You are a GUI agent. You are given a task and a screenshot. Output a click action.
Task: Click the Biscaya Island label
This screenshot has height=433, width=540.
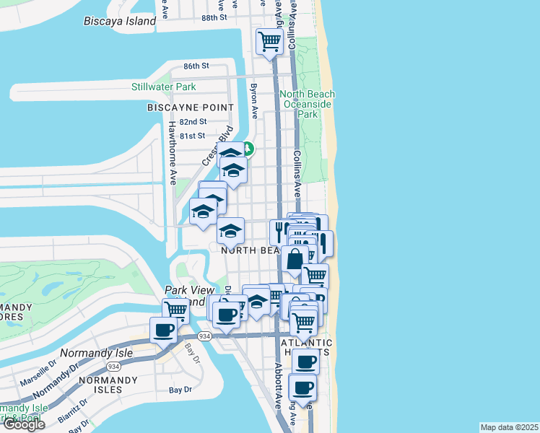click(x=119, y=21)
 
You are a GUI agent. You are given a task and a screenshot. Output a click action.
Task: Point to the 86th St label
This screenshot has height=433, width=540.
click(x=196, y=66)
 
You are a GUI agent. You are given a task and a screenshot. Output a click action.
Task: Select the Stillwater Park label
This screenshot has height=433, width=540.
click(x=163, y=87)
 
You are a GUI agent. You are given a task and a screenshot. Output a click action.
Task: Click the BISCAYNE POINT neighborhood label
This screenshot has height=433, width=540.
click(x=190, y=107)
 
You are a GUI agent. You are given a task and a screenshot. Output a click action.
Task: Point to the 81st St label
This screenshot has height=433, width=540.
click(x=193, y=136)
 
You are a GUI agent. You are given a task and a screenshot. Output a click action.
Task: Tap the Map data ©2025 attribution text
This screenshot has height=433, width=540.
click(x=510, y=427)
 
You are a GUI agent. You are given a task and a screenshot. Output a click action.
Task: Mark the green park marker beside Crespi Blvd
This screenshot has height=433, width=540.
click(x=248, y=149)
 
